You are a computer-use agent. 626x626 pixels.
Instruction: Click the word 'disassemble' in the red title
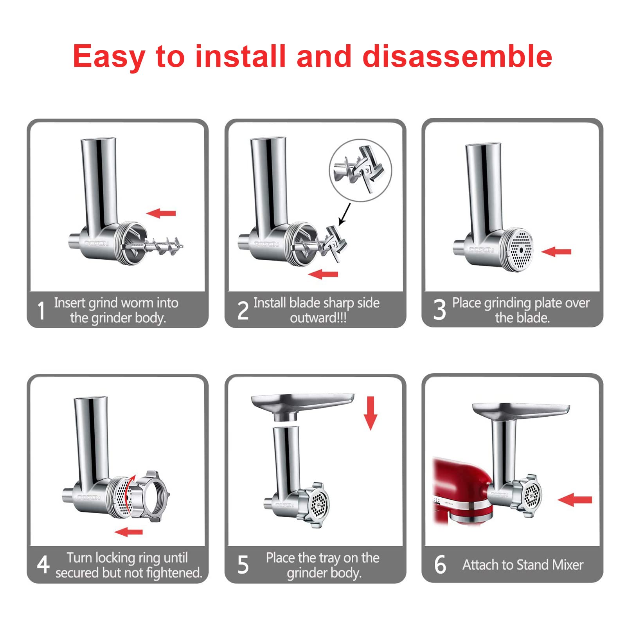[457, 56]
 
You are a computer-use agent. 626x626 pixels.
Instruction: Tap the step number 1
[41, 311]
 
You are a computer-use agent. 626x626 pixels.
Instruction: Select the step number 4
[43, 564]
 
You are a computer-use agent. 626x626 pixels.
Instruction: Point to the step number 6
[440, 565]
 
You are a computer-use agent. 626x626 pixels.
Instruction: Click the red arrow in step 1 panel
[161, 213]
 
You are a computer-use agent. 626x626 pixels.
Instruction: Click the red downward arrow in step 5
[370, 413]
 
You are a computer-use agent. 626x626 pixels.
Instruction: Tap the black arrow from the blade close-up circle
[344, 214]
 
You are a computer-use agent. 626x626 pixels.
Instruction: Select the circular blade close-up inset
[360, 170]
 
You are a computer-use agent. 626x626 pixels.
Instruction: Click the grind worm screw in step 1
[162, 246]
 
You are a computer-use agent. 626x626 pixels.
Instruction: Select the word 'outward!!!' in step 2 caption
[318, 318]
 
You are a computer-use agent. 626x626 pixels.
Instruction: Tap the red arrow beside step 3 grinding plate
[556, 252]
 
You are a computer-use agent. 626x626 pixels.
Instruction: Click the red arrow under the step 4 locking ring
[129, 532]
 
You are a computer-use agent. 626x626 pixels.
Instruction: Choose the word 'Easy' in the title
[109, 57]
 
